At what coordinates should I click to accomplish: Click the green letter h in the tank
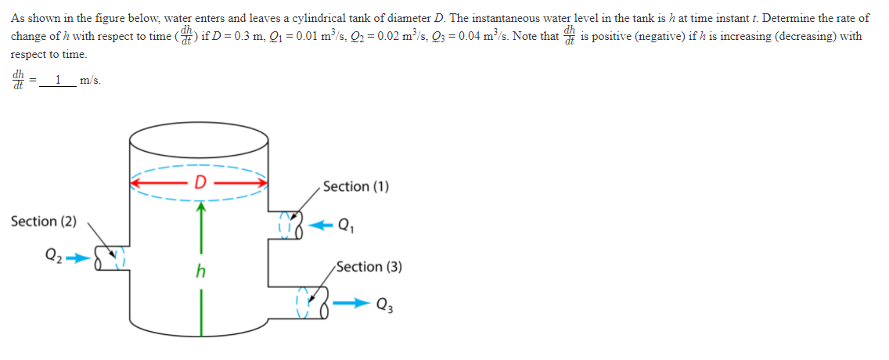coord(201,272)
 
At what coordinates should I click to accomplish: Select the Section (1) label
coord(356,186)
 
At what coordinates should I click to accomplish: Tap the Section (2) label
coord(44,221)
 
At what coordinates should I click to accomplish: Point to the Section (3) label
coord(369,267)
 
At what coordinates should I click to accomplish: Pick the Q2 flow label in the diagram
coord(54,254)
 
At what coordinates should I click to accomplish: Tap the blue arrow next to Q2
coord(79,255)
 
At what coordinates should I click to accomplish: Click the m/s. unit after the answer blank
coord(90,80)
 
